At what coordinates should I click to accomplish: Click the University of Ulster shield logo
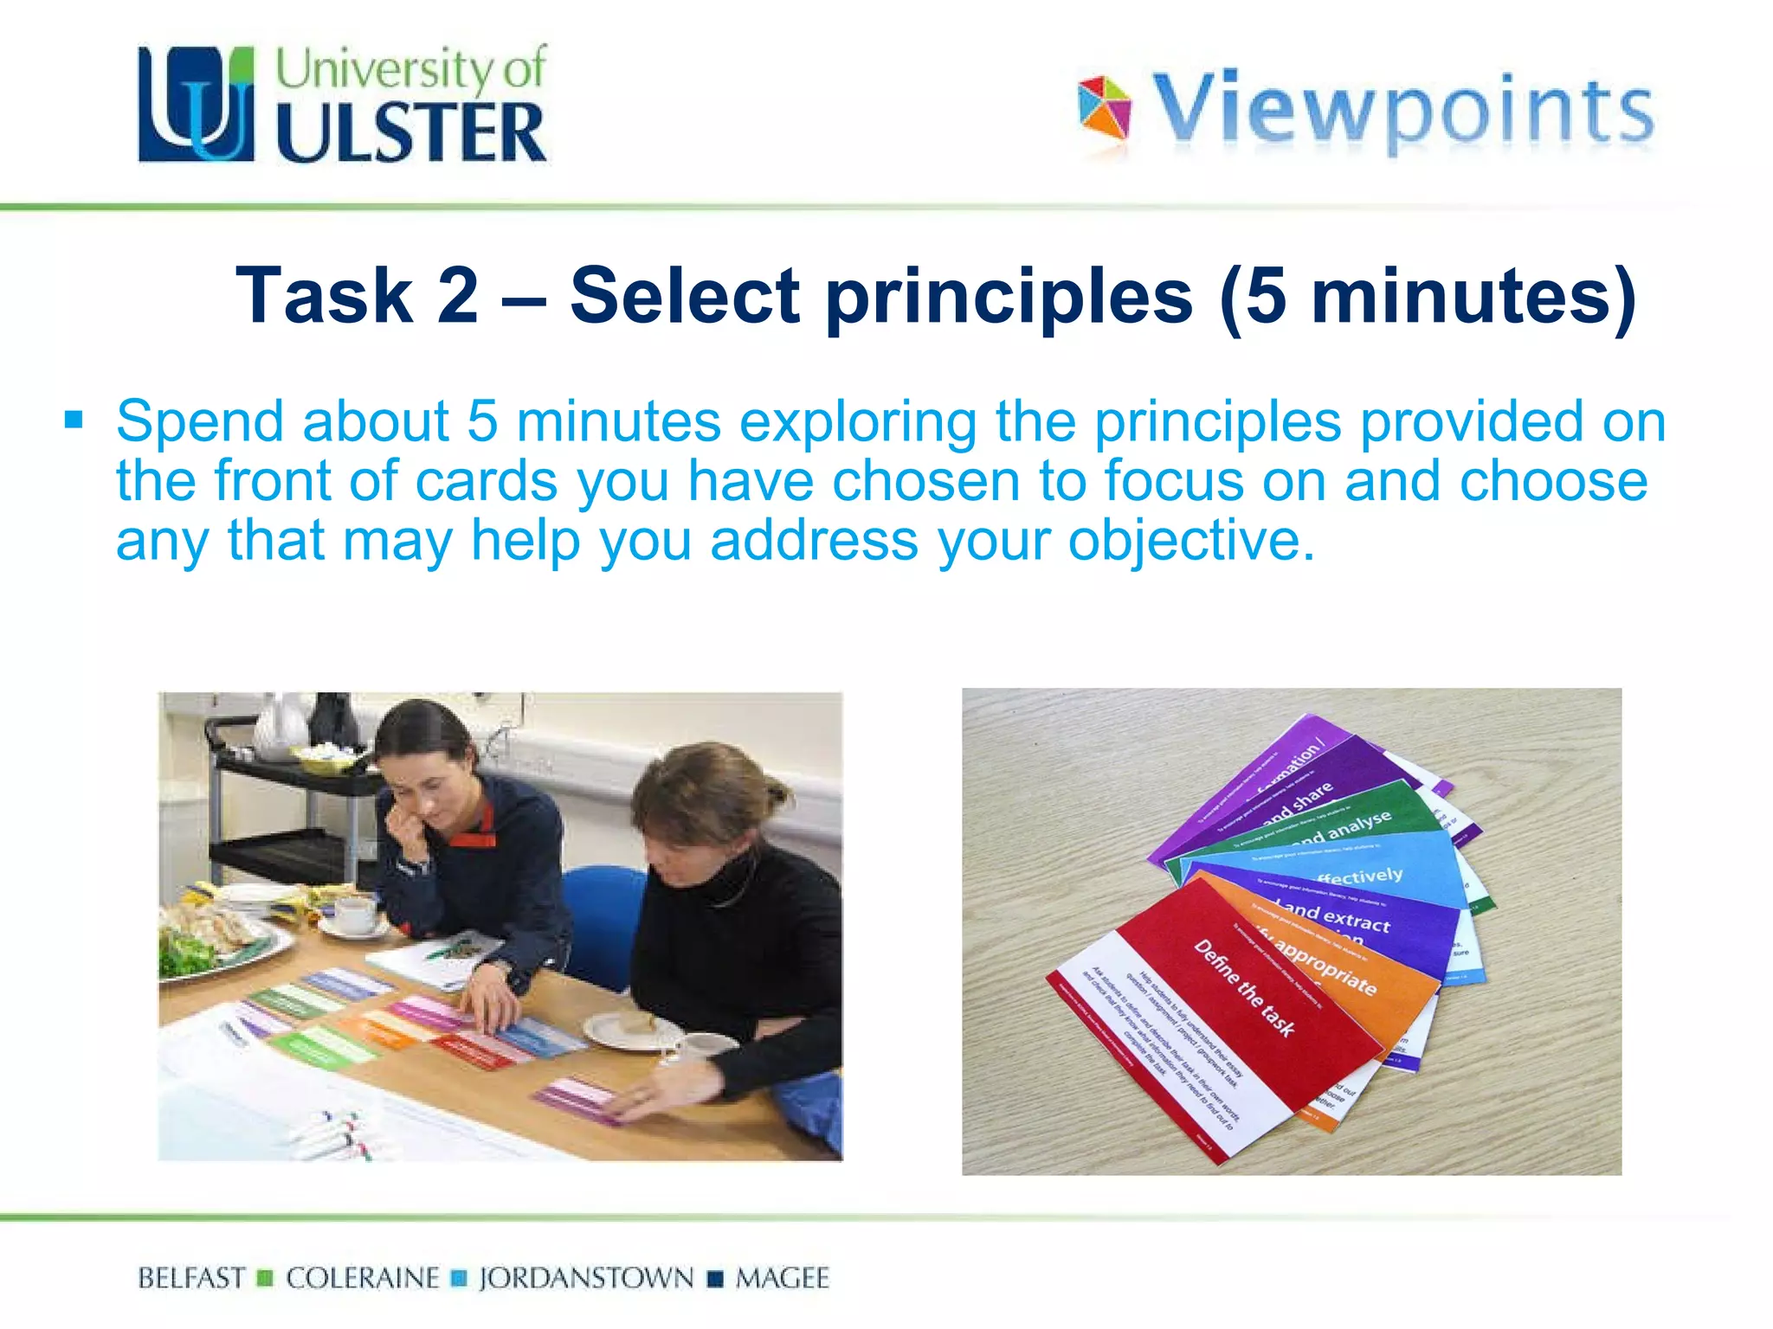pos(197,104)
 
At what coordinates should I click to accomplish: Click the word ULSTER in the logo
pos(410,132)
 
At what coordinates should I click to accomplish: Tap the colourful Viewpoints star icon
pos(1104,108)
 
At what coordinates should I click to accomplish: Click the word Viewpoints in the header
pos(1402,111)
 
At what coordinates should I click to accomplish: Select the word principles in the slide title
pos(1009,297)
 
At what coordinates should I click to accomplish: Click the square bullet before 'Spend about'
pos(74,421)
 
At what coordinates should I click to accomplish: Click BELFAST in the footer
pos(191,1278)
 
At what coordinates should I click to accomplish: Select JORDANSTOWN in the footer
pos(586,1278)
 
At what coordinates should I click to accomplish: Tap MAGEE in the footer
pos(782,1278)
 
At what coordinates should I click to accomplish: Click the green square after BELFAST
pos(266,1278)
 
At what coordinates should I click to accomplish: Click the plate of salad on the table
pos(216,943)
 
